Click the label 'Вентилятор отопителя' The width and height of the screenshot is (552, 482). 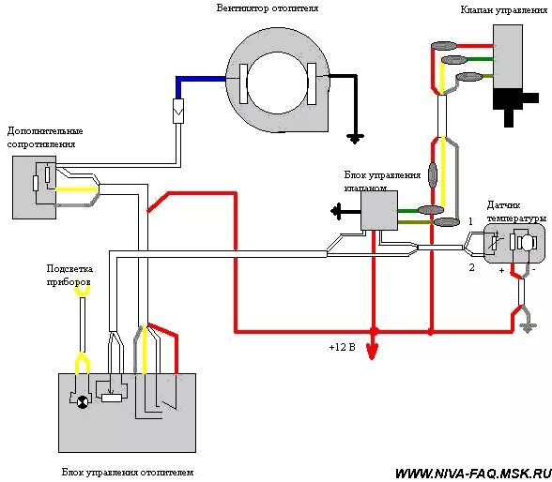tap(268, 8)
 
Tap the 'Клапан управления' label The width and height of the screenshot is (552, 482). tap(504, 10)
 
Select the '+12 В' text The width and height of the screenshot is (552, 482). tap(342, 347)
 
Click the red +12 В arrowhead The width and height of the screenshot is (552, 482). tap(373, 352)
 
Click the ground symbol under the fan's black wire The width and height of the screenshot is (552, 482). tap(355, 139)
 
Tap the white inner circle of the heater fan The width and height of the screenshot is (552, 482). tap(277, 83)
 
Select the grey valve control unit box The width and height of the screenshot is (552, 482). tap(379, 211)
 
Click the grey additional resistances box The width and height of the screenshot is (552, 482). tap(34, 188)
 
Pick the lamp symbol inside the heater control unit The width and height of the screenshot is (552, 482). tap(83, 402)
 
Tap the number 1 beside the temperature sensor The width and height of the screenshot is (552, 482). tap(470, 221)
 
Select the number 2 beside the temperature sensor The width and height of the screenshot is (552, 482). tap(471, 267)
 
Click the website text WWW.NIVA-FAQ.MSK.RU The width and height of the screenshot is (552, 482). tap(473, 474)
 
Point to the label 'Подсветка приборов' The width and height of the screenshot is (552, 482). tap(69, 276)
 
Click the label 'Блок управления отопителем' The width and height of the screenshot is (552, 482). tap(128, 473)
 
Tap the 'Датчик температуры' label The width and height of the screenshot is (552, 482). tap(516, 212)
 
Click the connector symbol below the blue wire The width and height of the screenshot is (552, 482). tap(178, 111)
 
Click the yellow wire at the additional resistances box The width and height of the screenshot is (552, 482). tap(76, 189)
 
